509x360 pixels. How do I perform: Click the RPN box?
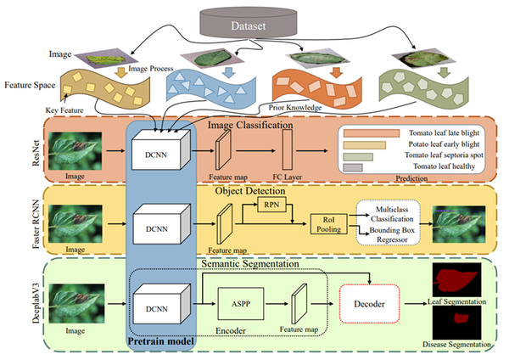[271, 205]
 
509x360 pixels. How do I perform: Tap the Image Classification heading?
[250, 125]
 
